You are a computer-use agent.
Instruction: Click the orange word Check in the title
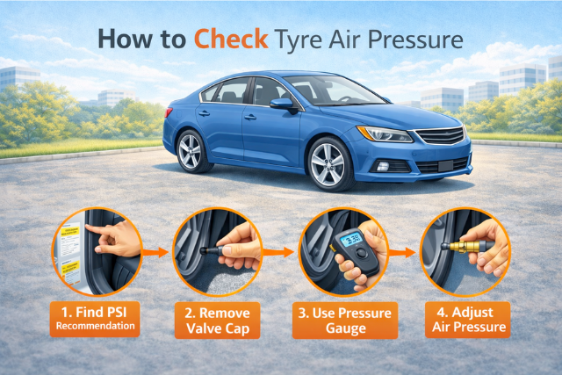[231, 39]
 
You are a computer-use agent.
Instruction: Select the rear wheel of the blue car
[191, 152]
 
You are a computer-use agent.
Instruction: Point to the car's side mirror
[283, 105]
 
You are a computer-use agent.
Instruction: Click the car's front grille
[441, 136]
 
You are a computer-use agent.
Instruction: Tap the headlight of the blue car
[385, 134]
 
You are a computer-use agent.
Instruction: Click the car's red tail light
[169, 112]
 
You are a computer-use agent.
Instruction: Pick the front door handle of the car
[250, 117]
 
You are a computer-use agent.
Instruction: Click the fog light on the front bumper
[383, 166]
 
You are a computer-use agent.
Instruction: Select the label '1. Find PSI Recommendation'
[95, 319]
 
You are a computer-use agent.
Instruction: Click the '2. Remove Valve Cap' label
[217, 321]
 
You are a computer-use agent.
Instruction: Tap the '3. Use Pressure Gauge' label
[345, 321]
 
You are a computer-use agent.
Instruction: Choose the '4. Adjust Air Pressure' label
[468, 320]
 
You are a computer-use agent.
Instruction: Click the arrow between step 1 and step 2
[156, 252]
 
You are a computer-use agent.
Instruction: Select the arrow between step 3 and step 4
[402, 252]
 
